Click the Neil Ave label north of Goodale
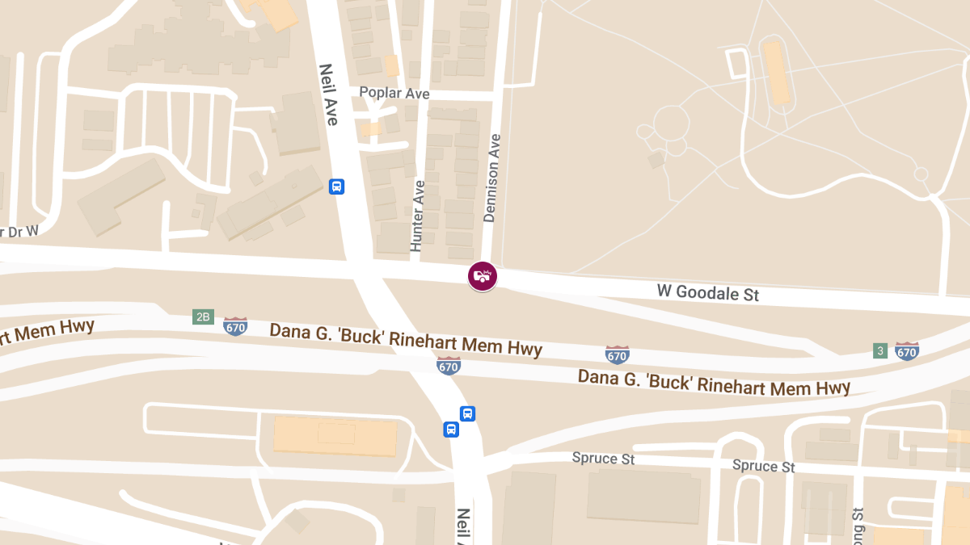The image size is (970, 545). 328,94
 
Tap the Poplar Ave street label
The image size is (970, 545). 394,94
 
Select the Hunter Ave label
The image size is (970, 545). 418,216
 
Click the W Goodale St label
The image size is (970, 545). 708,292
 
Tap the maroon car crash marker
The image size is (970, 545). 483,276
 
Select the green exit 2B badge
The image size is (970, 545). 202,317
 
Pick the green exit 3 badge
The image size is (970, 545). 880,350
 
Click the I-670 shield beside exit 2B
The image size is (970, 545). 235,327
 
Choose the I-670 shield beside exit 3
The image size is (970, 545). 907,351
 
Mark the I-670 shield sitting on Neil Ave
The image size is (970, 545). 449,366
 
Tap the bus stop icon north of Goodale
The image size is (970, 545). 337,187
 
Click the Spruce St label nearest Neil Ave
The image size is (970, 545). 603,459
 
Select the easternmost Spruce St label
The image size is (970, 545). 763,466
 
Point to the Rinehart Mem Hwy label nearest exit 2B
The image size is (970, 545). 405,339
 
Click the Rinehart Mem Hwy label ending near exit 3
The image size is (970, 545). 714,383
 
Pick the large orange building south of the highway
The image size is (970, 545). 335,436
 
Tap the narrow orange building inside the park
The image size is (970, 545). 777,73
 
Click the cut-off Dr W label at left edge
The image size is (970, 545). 19,232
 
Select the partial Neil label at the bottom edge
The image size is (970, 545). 464,526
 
